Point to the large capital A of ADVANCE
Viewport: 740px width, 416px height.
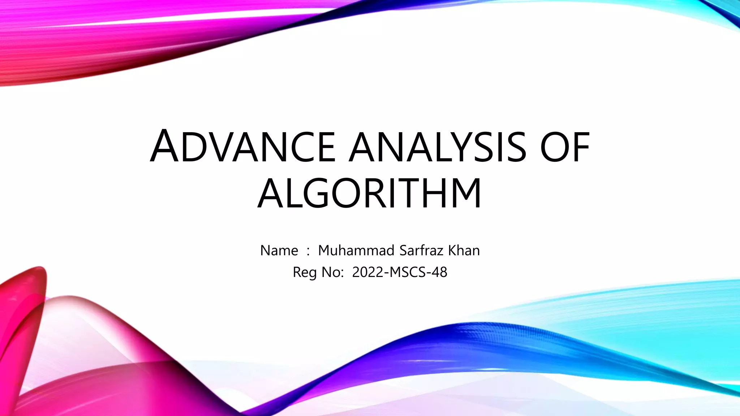(164, 146)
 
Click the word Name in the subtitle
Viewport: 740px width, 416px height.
(279, 251)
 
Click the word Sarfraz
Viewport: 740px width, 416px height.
(421, 251)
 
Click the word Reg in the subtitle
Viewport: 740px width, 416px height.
(305, 272)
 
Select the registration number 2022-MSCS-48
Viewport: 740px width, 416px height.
(400, 272)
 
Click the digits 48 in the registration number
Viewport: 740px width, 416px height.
(439, 272)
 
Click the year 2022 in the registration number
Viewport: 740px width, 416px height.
(368, 272)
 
